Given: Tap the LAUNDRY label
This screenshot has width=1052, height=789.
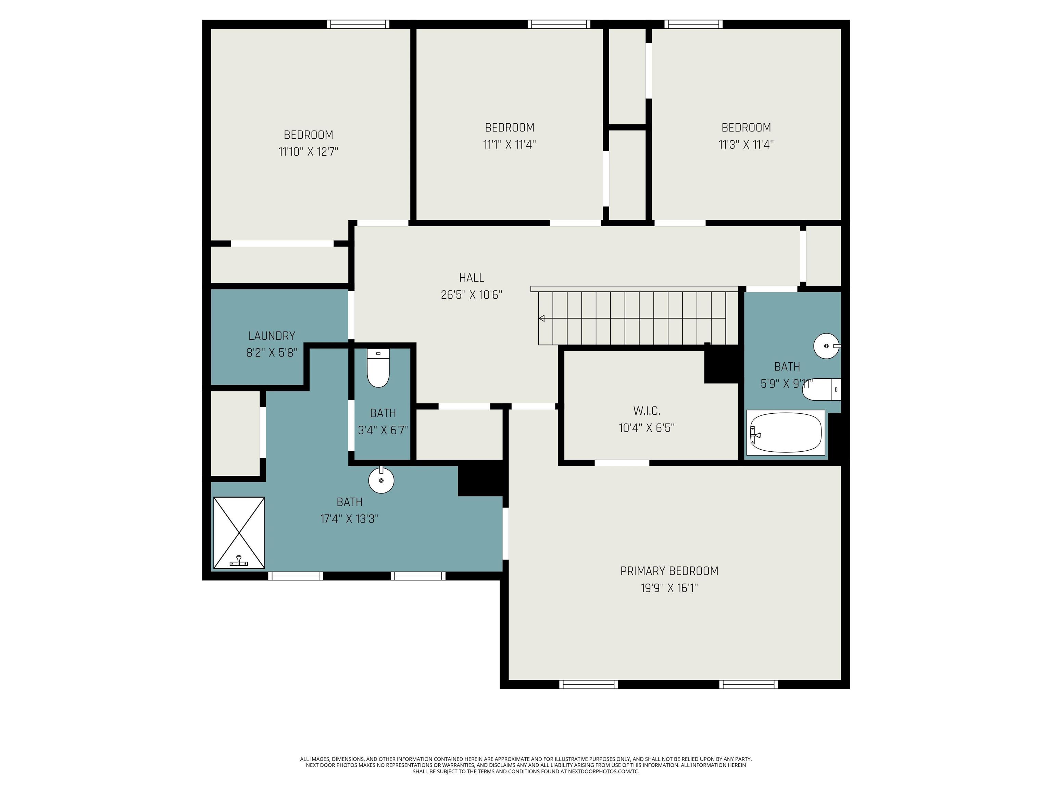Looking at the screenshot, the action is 272,336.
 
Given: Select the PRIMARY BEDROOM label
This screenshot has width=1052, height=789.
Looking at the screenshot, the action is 669,571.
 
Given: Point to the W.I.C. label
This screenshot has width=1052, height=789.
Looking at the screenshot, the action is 646,411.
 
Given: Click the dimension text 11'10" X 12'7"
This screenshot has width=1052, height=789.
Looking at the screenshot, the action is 308,152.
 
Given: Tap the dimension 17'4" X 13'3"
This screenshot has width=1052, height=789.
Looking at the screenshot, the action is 350,519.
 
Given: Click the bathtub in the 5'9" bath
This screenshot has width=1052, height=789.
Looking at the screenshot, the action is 785,432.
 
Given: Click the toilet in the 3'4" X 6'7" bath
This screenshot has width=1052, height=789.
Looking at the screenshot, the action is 378,368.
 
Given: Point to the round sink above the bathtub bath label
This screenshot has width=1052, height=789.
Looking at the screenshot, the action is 827,346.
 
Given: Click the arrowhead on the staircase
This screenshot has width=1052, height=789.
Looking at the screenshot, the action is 541,318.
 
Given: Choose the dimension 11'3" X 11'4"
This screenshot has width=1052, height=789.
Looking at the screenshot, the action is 746,145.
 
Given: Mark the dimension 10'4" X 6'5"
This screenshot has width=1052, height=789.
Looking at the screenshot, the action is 646,428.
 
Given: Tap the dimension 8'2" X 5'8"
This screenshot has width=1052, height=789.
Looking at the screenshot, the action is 272,353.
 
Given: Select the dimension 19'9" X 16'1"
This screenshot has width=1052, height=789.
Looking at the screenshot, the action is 669,588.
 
